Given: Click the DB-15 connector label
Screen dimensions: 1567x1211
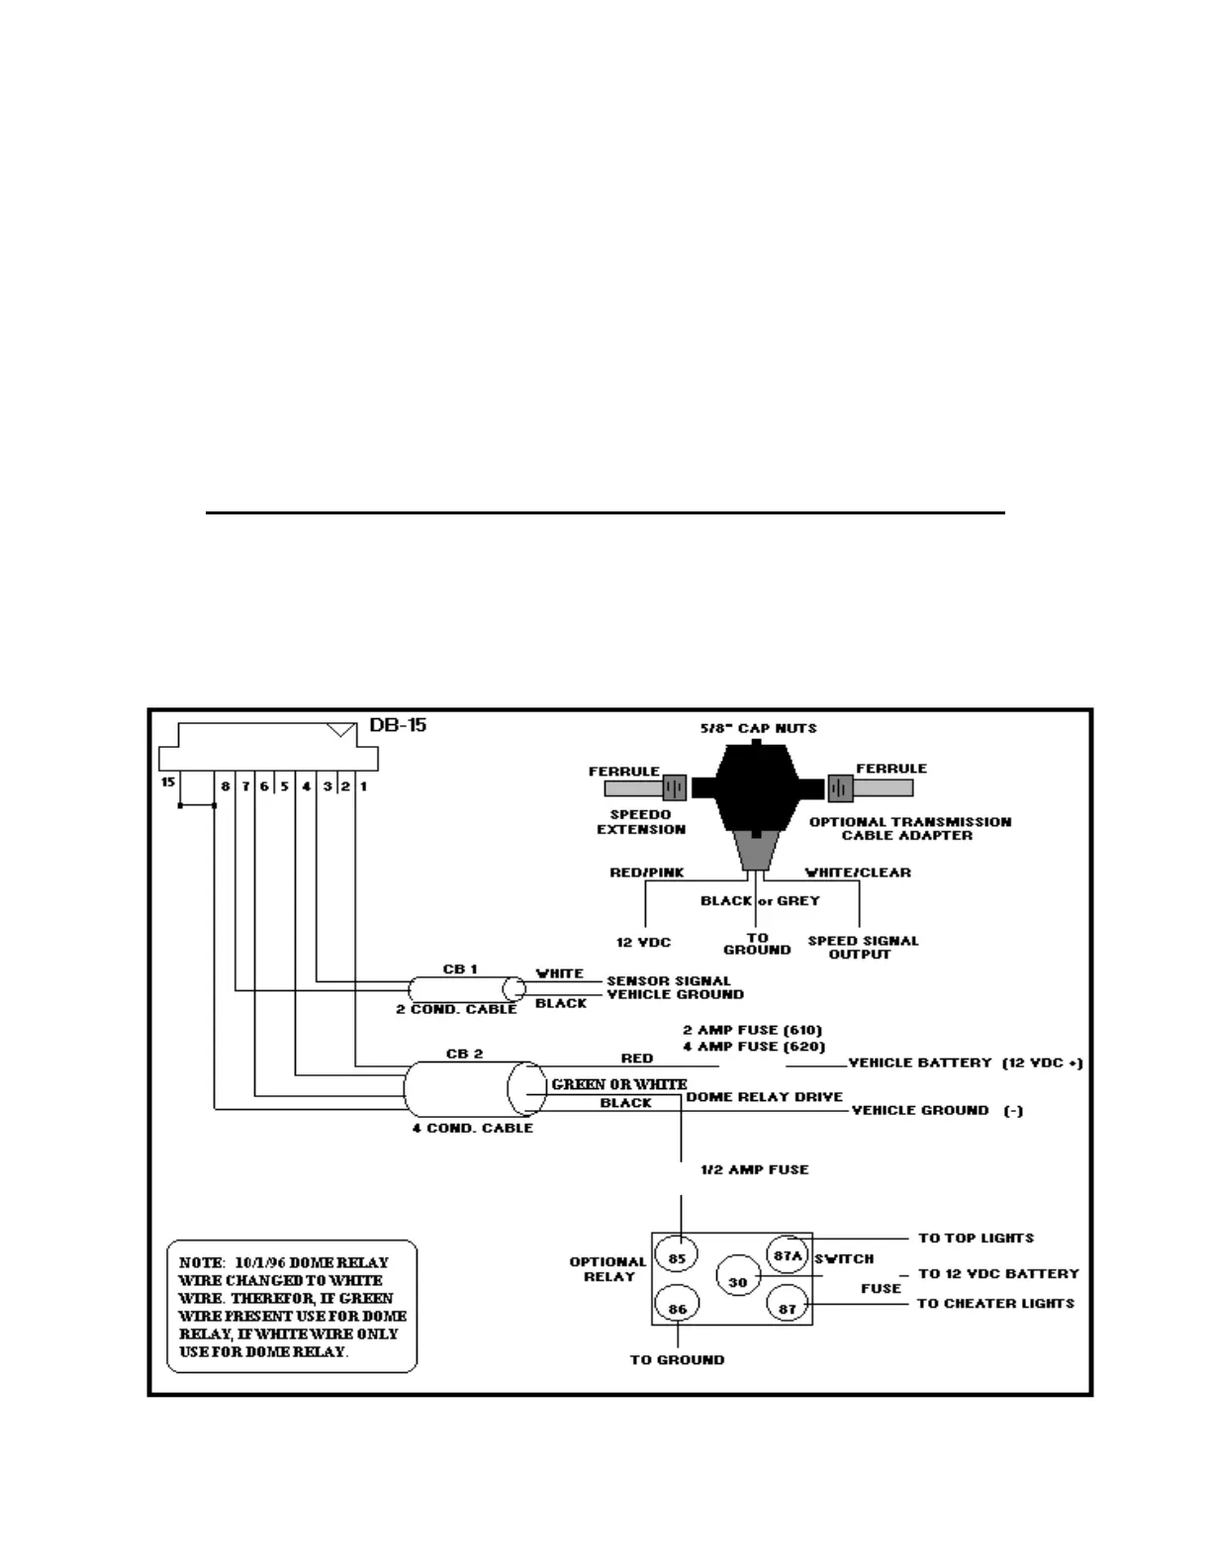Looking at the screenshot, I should tap(398, 725).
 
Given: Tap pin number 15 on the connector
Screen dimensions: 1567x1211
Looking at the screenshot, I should tap(168, 783).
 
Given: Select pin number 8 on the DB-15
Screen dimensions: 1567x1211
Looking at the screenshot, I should tap(226, 786).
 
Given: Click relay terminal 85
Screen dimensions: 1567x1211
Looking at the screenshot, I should tap(677, 1259).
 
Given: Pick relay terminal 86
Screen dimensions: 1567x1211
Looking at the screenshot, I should tap(677, 1309).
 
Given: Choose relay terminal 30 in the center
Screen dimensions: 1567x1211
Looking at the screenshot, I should tap(737, 1282).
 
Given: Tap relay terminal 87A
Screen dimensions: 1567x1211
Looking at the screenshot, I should tap(788, 1256).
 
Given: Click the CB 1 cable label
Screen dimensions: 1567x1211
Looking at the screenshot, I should tap(460, 969).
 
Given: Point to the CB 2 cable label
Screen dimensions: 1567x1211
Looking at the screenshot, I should tap(464, 1054).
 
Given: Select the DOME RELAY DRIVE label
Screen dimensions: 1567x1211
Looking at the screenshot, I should tap(764, 1096).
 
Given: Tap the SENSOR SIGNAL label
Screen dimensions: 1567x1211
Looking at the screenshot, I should tap(669, 980).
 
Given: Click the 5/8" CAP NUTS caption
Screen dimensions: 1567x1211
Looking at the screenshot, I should tap(758, 728).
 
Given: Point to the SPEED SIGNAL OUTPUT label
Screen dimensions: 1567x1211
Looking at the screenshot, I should tap(863, 947).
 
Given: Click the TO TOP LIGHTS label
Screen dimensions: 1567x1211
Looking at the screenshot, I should tap(976, 1238).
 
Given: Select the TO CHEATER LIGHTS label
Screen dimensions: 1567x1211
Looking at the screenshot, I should tap(995, 1303).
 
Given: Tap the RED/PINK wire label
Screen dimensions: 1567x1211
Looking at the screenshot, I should tap(646, 873).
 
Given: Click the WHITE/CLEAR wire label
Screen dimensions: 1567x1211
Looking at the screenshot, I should tap(858, 873).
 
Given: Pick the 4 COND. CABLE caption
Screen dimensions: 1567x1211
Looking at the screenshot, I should tap(472, 1128).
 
